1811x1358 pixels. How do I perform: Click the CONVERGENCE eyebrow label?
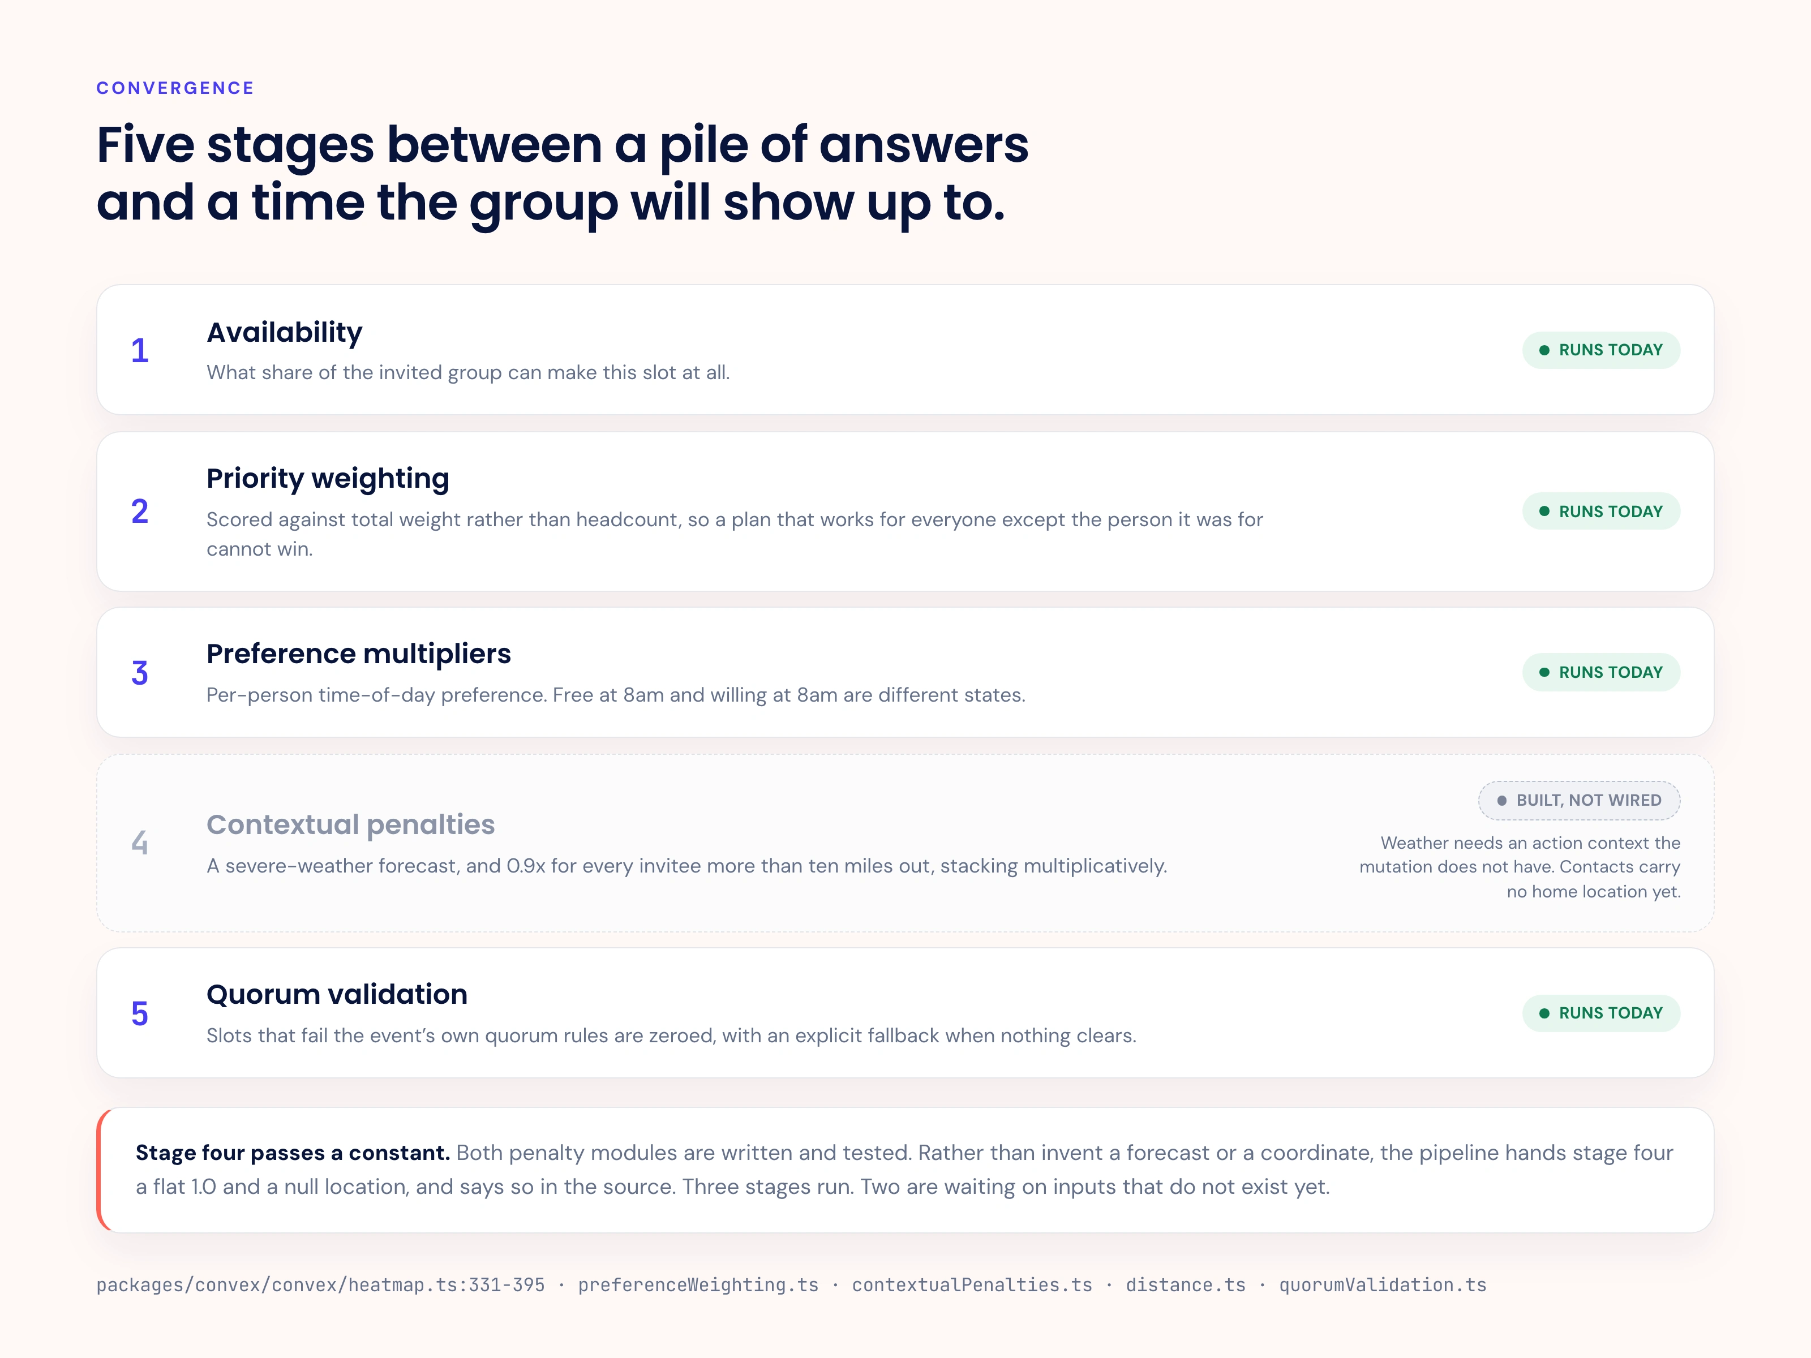pyautogui.click(x=175, y=88)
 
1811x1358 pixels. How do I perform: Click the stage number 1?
pyautogui.click(x=140, y=350)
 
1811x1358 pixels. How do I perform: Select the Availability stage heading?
pyautogui.click(x=284, y=332)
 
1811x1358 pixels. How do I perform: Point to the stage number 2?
pyautogui.click(x=140, y=512)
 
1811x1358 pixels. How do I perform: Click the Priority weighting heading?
pyautogui.click(x=328, y=478)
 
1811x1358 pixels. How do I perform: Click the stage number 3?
pyautogui.click(x=140, y=673)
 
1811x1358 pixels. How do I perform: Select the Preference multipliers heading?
pyautogui.click(x=359, y=653)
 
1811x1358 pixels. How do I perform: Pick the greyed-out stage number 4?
pyautogui.click(x=140, y=843)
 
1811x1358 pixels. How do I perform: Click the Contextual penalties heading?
pyautogui.click(x=350, y=824)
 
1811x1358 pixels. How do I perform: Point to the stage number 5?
pyautogui.click(x=140, y=1013)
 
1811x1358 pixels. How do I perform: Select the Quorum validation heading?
pyautogui.click(x=337, y=994)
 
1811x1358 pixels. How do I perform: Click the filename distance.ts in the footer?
pyautogui.click(x=1186, y=1284)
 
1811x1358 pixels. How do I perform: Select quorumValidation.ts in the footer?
pyautogui.click(x=1383, y=1284)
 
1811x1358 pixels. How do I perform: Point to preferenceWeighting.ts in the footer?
pyautogui.click(x=698, y=1284)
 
